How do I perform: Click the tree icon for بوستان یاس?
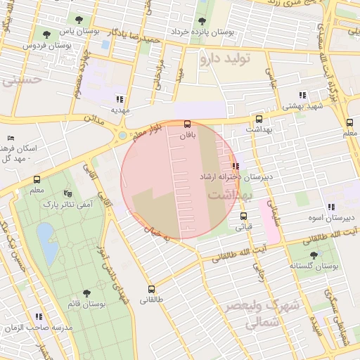point(47,33)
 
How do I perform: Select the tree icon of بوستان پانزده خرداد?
point(202,22)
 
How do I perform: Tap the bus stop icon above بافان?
point(186,124)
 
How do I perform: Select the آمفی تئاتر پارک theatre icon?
point(67,193)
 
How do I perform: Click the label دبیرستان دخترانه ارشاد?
point(236,176)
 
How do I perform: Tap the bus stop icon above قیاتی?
point(243,216)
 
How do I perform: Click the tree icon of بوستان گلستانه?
point(314,255)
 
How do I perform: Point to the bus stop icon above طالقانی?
point(150,289)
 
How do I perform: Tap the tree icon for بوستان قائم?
point(86,293)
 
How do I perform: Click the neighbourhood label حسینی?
point(21,80)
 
